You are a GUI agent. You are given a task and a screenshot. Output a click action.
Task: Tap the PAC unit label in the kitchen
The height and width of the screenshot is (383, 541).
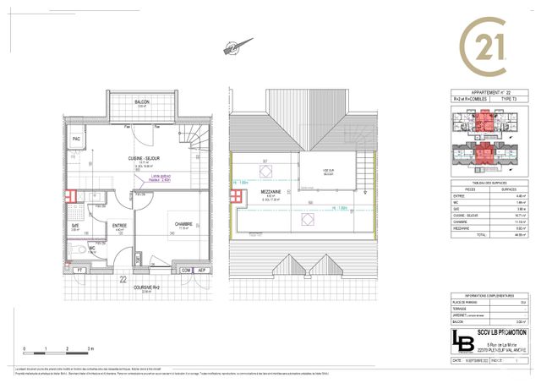pos(76,139)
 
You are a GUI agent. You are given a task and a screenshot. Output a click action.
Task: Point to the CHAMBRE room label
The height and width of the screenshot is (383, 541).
pos(184,224)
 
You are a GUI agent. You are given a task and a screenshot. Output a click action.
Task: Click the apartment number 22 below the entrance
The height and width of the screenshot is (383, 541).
pos(122,280)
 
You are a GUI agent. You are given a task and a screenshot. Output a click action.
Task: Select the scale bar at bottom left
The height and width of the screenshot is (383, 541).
pos(57,347)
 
